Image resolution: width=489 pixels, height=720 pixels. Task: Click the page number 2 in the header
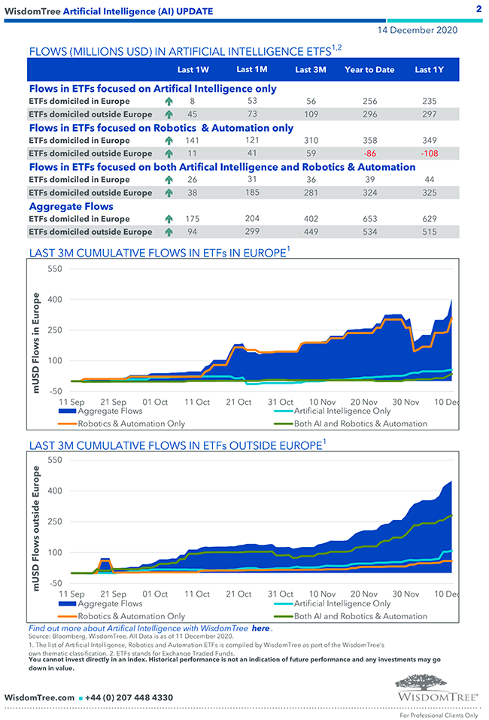coord(478,8)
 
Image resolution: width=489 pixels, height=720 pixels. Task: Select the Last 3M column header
coord(310,70)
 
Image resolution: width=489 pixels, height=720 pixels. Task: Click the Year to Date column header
coord(369,70)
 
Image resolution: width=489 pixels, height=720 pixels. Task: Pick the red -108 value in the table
coord(428,153)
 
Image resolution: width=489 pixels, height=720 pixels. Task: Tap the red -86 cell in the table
coord(369,153)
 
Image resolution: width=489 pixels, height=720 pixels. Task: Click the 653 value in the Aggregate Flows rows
coord(369,219)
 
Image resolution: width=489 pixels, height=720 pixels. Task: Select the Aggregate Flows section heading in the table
coord(71,206)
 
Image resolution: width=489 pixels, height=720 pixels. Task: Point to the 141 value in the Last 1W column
coord(192,141)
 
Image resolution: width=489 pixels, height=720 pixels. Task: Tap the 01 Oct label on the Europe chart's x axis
coord(155,403)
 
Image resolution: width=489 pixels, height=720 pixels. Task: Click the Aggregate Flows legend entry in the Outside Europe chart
coord(110,603)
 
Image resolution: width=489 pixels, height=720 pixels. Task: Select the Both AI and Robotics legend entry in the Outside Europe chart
coord(360,616)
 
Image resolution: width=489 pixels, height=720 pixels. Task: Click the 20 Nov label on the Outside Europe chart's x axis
coord(364,594)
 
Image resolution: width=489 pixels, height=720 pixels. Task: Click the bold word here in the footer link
coord(260,628)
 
